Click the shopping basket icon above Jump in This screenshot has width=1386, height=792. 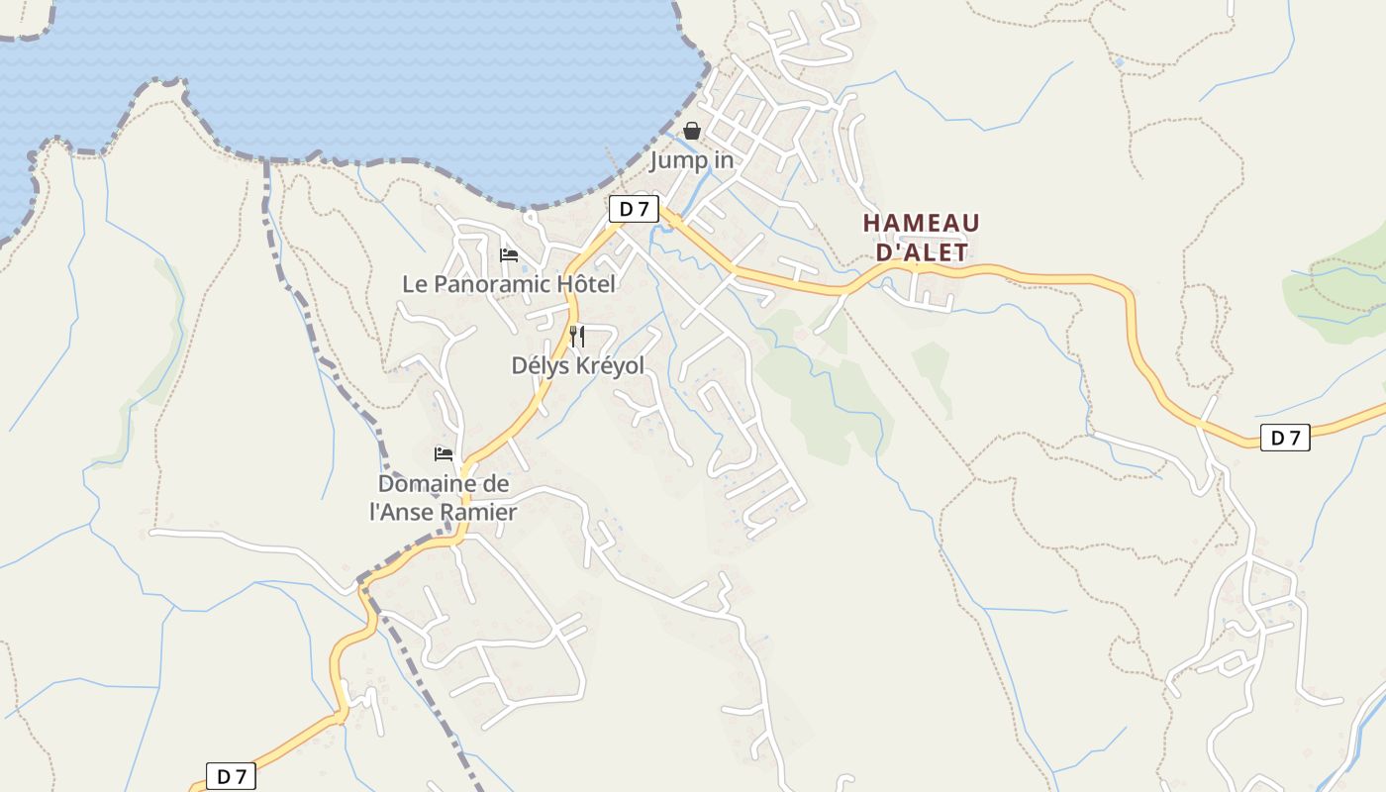[x=692, y=131]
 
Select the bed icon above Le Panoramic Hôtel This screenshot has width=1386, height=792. [x=509, y=255]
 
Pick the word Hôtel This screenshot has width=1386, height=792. [x=586, y=284]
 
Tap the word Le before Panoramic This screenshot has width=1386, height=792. [x=414, y=284]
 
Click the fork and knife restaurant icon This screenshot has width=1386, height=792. [x=577, y=337]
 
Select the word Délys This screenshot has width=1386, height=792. [x=540, y=365]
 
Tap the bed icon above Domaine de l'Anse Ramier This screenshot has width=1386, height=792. [x=444, y=454]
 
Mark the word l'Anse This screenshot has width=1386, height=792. [x=404, y=512]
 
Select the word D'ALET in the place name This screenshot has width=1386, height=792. [x=923, y=252]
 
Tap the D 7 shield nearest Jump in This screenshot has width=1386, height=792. [x=634, y=209]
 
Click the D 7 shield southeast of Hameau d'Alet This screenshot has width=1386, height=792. [x=1285, y=438]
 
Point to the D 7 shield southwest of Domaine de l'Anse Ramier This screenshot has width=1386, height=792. [x=231, y=777]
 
